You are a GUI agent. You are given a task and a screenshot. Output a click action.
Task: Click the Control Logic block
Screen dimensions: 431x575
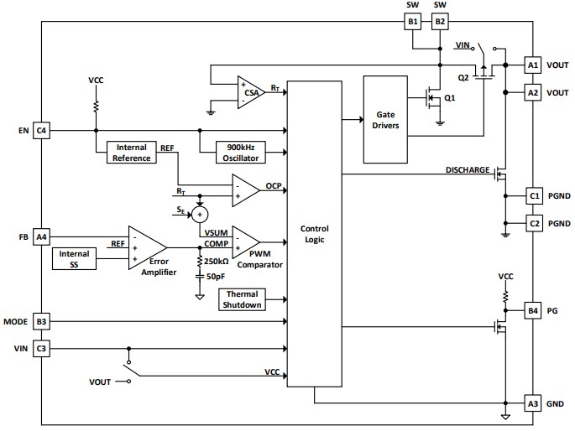pos(314,235)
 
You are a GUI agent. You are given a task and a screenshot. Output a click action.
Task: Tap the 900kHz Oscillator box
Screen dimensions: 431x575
pos(241,151)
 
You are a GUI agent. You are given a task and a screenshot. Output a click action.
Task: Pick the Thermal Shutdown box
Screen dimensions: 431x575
pos(242,299)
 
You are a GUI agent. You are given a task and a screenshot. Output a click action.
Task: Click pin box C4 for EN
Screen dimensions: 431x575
pos(42,130)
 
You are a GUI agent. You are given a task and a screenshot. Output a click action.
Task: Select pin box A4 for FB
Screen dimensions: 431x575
pos(42,237)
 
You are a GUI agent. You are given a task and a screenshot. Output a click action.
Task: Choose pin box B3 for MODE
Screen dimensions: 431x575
pos(42,321)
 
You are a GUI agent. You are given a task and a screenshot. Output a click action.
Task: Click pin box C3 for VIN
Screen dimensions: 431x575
pos(42,347)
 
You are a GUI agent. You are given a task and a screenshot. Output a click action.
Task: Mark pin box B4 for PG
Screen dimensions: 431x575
pos(533,311)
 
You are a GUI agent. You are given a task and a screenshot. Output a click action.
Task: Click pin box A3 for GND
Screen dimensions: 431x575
pos(533,402)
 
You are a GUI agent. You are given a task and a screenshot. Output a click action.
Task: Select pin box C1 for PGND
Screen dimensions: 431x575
pos(533,196)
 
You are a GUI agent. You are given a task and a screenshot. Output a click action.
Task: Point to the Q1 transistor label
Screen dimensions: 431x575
pos(450,98)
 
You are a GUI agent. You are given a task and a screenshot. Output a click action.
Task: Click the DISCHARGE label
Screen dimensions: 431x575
pos(468,170)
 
